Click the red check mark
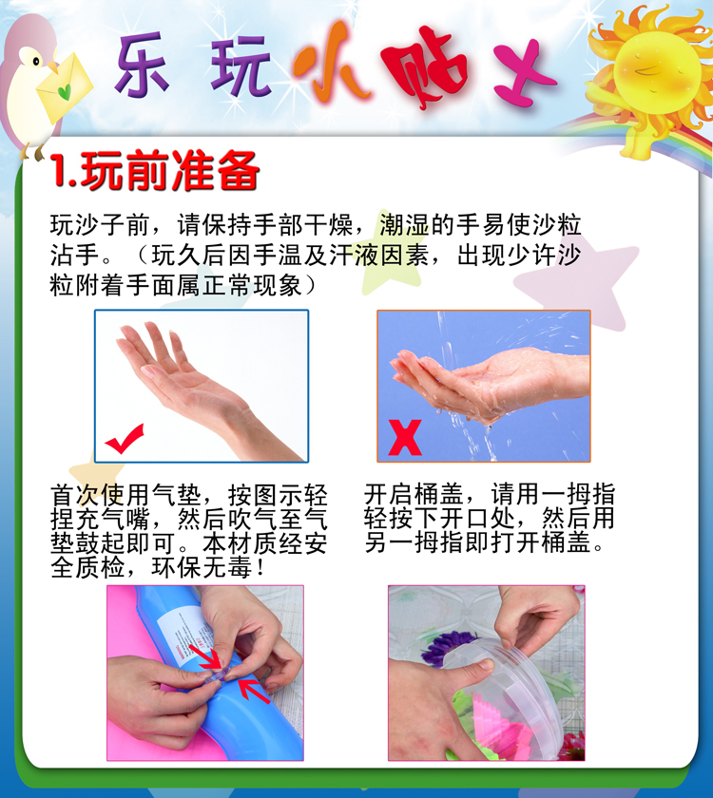point(124,439)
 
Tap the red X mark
point(405,437)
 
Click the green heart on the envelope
point(65,91)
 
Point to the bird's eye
point(36,62)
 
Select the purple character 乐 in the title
point(142,65)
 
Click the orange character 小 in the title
point(329,61)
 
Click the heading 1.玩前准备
point(155,170)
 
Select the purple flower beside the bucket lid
point(445,648)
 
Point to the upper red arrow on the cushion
point(206,656)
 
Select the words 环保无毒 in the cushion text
point(202,567)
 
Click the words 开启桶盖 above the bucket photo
point(413,494)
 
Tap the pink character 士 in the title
point(522,72)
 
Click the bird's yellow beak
point(52,66)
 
